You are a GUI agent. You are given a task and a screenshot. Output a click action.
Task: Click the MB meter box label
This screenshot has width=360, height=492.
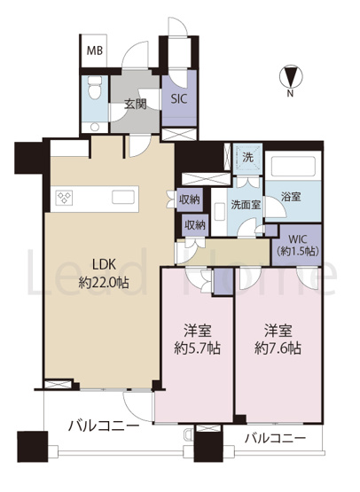pyautogui.click(x=95, y=51)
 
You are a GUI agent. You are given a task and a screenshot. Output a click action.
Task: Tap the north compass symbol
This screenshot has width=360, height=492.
pyautogui.click(x=291, y=76)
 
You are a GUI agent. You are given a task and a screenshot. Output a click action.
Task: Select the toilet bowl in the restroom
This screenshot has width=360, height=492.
pyautogui.click(x=94, y=87)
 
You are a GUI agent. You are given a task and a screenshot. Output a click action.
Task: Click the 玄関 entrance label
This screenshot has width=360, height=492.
pyautogui.click(x=136, y=104)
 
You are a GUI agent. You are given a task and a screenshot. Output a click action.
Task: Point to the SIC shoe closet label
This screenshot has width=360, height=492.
pyautogui.click(x=179, y=99)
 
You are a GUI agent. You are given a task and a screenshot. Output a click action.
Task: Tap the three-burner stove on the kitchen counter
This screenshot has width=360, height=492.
pyautogui.click(x=65, y=198)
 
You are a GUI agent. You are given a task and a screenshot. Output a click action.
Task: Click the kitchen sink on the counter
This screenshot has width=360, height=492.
pyautogui.click(x=125, y=198)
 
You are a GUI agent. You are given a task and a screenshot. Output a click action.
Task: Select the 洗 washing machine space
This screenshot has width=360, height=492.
pyautogui.click(x=248, y=158)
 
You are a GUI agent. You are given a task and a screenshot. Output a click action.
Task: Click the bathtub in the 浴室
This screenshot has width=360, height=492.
pyautogui.click(x=293, y=166)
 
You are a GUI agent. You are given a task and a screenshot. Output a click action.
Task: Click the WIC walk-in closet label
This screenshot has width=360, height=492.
pyautogui.click(x=297, y=245)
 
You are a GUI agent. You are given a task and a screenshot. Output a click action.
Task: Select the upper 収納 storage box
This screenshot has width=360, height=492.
pyautogui.click(x=190, y=199)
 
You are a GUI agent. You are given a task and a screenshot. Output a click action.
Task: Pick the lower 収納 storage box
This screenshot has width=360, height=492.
pyautogui.click(x=195, y=224)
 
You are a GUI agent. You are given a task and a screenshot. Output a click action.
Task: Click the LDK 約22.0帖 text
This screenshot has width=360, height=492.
pyautogui.click(x=104, y=273)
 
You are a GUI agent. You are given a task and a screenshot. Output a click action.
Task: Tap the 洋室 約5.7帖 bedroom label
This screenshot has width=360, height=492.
pyautogui.click(x=198, y=340)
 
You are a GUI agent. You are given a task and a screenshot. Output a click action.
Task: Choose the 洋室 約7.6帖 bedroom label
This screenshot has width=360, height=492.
pyautogui.click(x=278, y=340)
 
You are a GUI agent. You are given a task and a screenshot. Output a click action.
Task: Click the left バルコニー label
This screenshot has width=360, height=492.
pyautogui.click(x=103, y=426)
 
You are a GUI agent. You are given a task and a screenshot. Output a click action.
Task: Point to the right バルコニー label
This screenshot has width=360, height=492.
pyautogui.click(x=275, y=438)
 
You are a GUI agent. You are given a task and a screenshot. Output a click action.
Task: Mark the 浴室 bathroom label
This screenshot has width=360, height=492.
pyautogui.click(x=291, y=197)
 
